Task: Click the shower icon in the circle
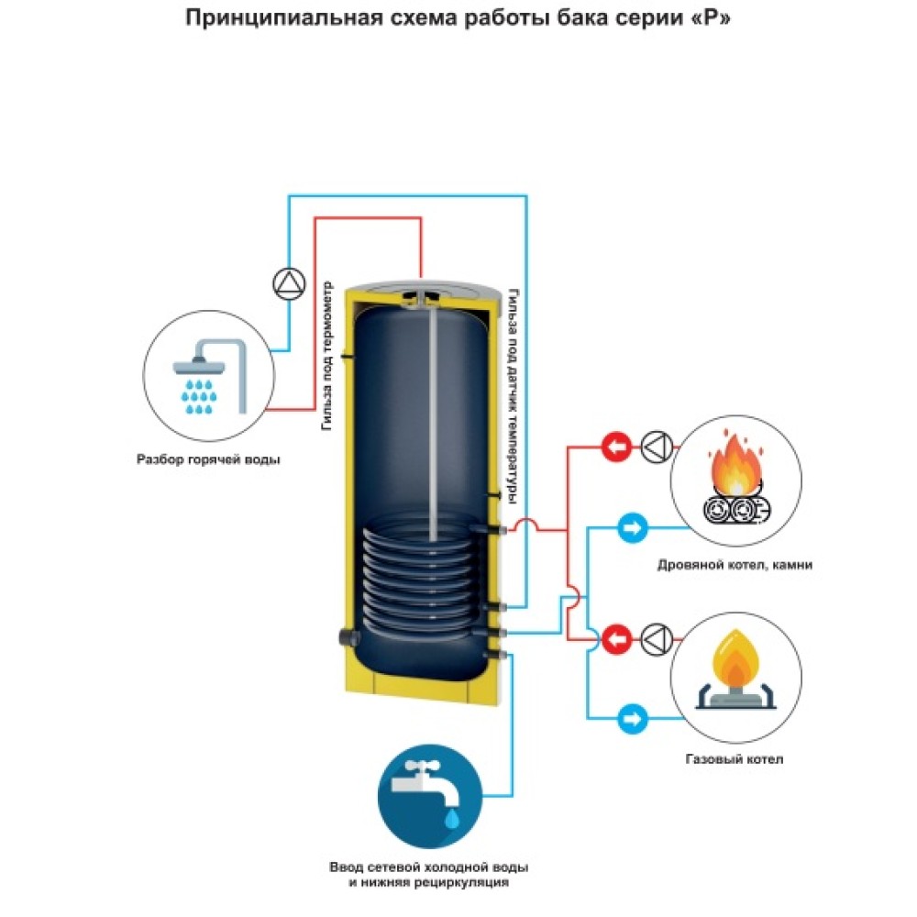click(x=208, y=377)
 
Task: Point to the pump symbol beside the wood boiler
click(x=657, y=447)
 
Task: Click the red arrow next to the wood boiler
click(x=617, y=447)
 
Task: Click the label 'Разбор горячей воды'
click(x=207, y=459)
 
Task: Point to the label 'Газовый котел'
click(x=735, y=759)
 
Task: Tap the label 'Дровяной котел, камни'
click(x=735, y=565)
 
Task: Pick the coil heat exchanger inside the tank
click(x=422, y=578)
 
